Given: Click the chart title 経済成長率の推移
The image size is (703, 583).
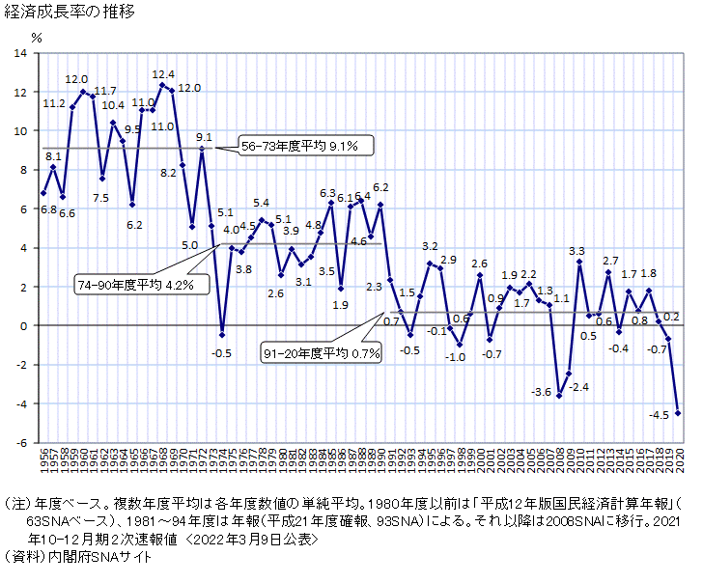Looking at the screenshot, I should (x=69, y=13).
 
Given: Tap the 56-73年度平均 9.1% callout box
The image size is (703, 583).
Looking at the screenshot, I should (x=299, y=147).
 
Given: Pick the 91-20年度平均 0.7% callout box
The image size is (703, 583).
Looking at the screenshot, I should (x=323, y=354).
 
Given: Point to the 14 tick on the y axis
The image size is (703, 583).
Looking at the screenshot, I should (x=21, y=53).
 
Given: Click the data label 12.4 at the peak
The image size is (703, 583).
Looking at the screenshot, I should (x=163, y=74).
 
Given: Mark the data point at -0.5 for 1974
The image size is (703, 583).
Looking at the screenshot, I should (x=222, y=335).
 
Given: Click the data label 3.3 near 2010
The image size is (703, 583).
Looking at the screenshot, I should (x=577, y=251).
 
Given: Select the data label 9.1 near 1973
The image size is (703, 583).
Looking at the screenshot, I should (x=204, y=137).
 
